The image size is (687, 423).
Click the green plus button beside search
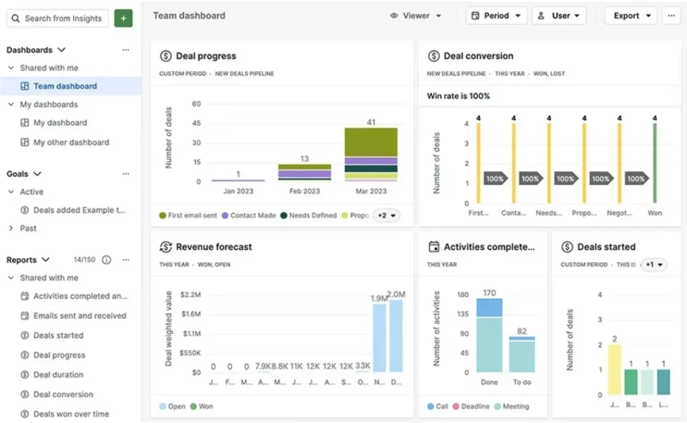[x=123, y=19]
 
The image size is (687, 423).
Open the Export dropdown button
[x=631, y=16]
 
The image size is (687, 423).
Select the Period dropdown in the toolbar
[x=496, y=16]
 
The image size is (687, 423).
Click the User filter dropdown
[x=559, y=16]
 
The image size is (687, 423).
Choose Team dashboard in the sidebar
[x=65, y=86]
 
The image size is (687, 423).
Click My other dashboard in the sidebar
[x=71, y=142]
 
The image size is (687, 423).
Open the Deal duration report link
[x=58, y=375]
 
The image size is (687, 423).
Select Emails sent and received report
[x=79, y=316]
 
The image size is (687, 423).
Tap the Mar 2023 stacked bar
[x=371, y=154]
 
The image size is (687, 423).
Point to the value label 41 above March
[x=371, y=122]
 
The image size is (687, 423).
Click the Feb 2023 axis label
[x=305, y=191]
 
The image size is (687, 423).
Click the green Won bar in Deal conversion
[x=655, y=162]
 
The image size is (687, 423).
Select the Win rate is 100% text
[x=458, y=96]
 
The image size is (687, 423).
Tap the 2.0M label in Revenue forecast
[x=396, y=294]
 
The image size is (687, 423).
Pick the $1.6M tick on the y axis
[x=191, y=314]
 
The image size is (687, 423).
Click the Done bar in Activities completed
[x=489, y=335]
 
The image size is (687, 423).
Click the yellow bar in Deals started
[x=614, y=369]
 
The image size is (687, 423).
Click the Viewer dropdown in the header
[x=416, y=16]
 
